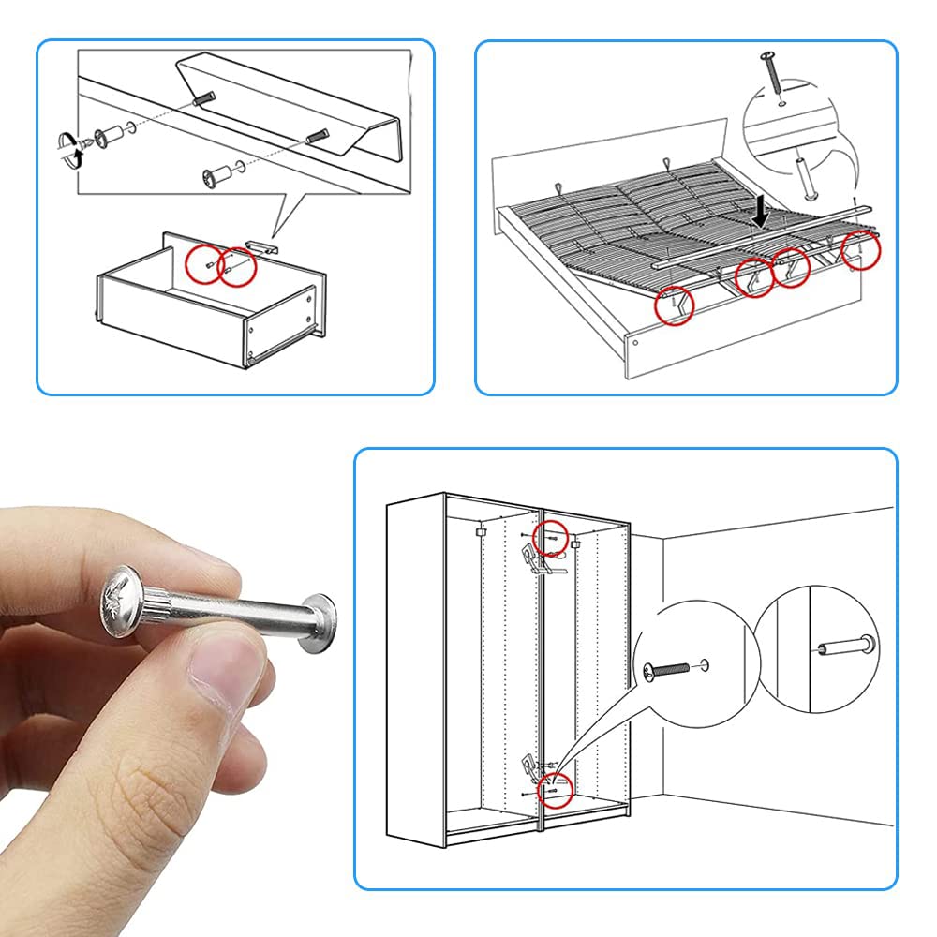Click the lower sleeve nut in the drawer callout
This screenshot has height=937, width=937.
point(218,174)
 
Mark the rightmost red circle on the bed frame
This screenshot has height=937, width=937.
point(859,250)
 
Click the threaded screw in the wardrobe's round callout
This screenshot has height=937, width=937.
point(669,669)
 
